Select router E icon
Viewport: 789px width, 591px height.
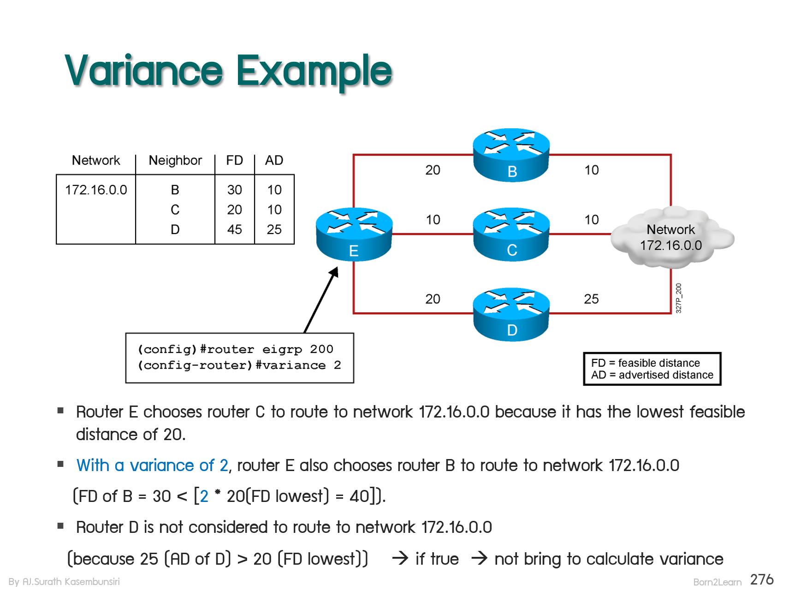(354, 234)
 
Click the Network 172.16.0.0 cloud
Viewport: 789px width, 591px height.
(671, 238)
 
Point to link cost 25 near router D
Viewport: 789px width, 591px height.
(591, 299)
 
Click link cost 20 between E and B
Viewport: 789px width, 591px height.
(433, 170)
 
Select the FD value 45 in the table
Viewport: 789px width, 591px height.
(234, 229)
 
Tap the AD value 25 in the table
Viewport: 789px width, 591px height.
(274, 229)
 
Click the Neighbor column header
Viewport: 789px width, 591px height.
(175, 161)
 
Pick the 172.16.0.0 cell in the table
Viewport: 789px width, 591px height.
(96, 190)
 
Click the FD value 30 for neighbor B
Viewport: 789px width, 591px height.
(234, 190)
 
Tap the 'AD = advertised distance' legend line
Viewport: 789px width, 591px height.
(652, 375)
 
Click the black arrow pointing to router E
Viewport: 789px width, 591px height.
(321, 300)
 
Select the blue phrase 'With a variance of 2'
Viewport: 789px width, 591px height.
(152, 466)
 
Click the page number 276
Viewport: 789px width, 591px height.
(762, 579)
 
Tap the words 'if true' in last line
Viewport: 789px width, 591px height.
(437, 559)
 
